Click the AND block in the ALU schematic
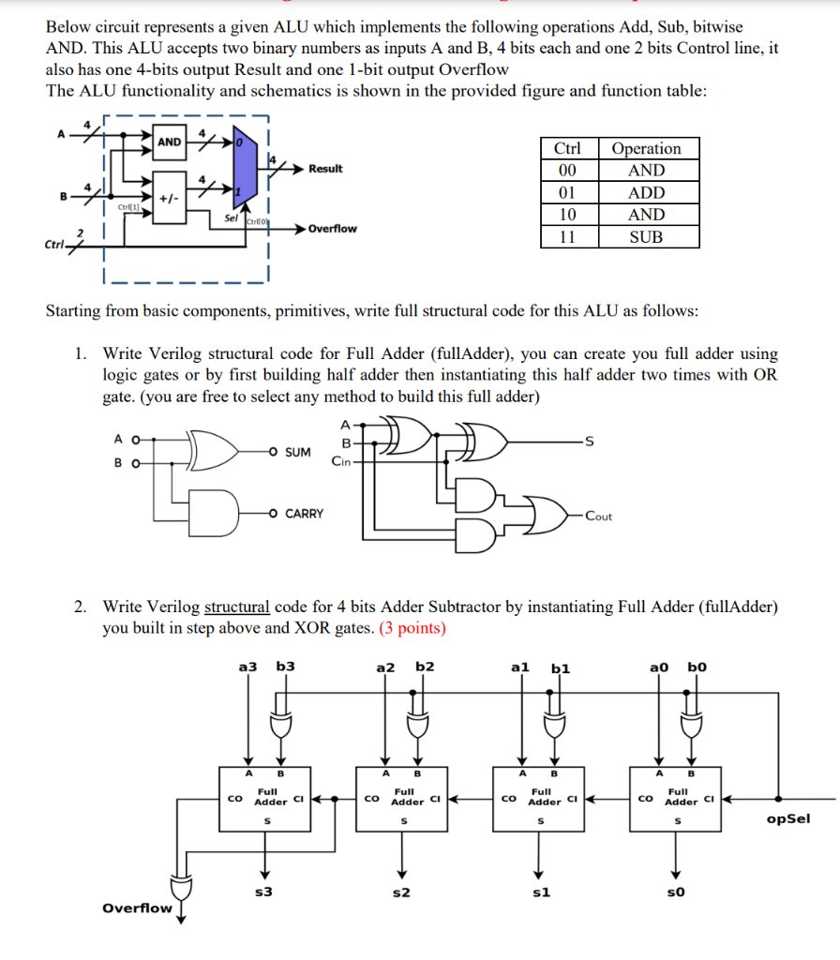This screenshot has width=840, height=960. tap(170, 142)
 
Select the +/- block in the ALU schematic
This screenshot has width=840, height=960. tap(170, 198)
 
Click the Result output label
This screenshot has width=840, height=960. tap(325, 169)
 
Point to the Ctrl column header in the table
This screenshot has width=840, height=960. tap(568, 149)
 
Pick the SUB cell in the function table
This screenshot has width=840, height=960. tap(646, 237)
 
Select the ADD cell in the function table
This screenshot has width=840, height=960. tap(646, 193)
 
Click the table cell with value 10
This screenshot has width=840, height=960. tap(568, 215)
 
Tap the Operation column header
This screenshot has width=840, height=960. tap(646, 149)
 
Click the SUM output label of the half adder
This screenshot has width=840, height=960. tap(297, 453)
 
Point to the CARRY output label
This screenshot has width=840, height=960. tap(304, 514)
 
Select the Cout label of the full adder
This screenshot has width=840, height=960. tap(599, 517)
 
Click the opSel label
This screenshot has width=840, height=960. tap(787, 818)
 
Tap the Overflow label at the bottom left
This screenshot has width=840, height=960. tap(137, 907)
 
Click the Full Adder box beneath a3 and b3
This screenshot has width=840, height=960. tap(266, 796)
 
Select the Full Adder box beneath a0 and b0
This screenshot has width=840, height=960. tap(675, 796)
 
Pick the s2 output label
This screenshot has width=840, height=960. tap(400, 892)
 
